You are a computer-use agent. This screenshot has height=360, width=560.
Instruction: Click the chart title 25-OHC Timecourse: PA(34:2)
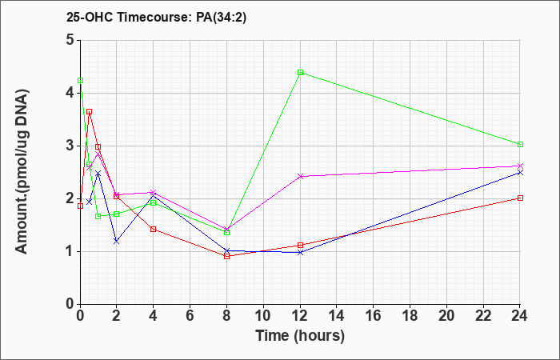[x=157, y=18]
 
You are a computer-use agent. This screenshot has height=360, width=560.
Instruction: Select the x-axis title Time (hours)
[x=300, y=336]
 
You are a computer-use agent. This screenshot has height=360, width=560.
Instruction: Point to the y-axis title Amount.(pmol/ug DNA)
[x=22, y=171]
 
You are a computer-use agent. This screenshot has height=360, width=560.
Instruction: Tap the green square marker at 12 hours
[x=300, y=73]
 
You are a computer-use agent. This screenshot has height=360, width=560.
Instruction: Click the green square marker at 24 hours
[x=520, y=144]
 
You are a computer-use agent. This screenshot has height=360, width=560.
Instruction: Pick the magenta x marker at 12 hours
[x=300, y=176]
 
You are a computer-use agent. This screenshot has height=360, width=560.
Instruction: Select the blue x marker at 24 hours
[x=520, y=173]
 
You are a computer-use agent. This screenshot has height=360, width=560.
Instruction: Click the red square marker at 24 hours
[x=520, y=198]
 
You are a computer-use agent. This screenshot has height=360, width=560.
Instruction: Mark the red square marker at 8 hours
[x=226, y=256]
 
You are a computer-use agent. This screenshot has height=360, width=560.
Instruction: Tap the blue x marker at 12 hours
[x=300, y=252]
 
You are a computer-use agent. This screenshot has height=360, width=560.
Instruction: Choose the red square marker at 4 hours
[x=154, y=229]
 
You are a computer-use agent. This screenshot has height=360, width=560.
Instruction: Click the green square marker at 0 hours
[x=80, y=80]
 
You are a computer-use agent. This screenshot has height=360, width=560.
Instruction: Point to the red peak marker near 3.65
[x=90, y=111]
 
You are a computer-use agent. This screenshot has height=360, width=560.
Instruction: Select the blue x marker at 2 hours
[x=117, y=242]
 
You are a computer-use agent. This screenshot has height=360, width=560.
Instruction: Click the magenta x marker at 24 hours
[x=520, y=166]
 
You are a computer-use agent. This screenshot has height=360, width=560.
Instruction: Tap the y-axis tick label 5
[x=70, y=40]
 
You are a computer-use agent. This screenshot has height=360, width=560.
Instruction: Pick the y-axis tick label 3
[x=70, y=146]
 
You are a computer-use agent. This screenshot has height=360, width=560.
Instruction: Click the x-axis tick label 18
[x=410, y=315]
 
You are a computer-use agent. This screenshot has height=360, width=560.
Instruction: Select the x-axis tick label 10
[x=263, y=315]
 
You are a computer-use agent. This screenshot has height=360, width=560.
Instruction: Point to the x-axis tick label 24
[x=519, y=315]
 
